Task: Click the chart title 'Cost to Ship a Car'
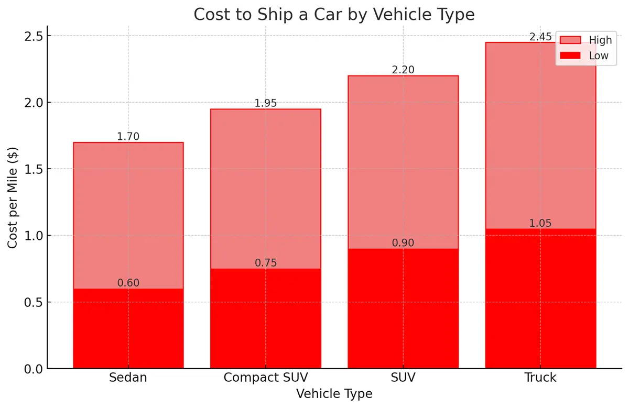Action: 334,14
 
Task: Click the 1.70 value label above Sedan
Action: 128,137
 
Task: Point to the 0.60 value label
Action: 128,283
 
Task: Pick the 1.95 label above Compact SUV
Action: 266,103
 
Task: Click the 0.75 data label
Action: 266,263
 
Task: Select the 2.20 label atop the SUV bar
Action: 403,70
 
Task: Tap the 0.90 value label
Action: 403,243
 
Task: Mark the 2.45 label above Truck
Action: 540,37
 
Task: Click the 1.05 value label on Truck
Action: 540,223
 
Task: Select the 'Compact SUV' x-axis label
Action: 266,378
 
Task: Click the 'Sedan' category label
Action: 128,378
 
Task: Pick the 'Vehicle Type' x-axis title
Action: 334,394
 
